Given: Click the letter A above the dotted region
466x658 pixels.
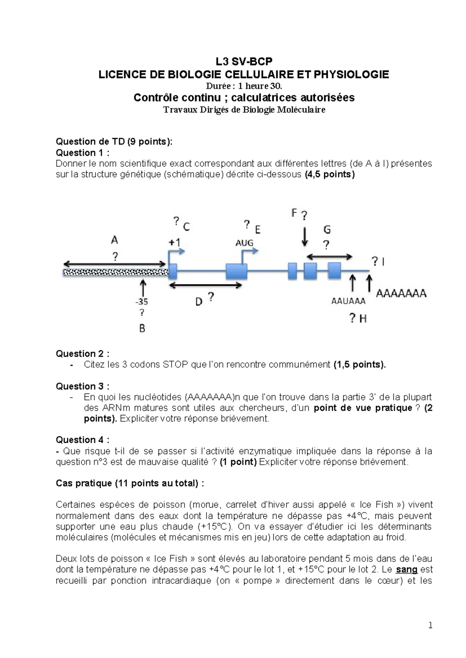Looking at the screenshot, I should point(114,240).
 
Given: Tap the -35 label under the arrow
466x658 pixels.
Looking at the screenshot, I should point(141,301).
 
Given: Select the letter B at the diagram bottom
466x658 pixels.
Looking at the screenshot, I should point(142,329).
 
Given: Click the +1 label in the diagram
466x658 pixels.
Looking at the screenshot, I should point(174,242).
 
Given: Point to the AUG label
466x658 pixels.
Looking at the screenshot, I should point(244,243).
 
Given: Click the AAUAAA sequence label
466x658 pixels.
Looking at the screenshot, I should point(348,301).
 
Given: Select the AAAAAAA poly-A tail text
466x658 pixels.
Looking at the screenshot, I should point(401,293).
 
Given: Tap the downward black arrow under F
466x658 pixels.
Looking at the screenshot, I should point(305,236).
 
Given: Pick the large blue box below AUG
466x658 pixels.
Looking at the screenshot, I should point(236,271).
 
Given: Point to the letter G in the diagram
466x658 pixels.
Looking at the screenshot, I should point(327,230).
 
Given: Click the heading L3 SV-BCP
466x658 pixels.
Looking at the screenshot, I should point(244,61).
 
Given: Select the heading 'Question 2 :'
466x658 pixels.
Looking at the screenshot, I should point(82,353).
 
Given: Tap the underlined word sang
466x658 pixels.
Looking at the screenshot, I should point(406,570).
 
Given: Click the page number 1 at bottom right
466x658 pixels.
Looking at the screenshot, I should point(430,625).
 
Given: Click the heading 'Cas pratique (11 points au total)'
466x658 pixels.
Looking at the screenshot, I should point(130,483).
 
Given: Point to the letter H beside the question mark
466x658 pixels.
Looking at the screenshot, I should point(363,319).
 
